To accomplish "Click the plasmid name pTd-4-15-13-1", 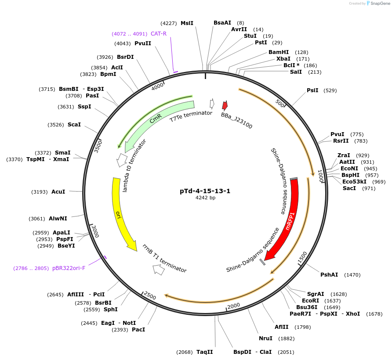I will [x=205, y=191].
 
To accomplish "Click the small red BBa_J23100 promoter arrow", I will [x=225, y=105].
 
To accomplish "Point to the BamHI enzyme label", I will [x=279, y=52].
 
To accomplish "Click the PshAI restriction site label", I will [x=329, y=275].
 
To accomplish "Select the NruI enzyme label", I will [x=265, y=338].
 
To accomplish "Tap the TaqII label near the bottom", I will [x=204, y=352].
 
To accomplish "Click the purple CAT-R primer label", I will [x=159, y=34].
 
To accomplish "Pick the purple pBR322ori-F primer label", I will [x=69, y=268].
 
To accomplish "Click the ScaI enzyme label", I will [x=74, y=125].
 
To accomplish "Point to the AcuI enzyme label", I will [x=58, y=192].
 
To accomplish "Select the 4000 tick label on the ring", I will [x=157, y=86].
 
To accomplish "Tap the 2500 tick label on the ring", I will [x=149, y=296].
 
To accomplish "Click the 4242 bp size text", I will [x=205, y=198].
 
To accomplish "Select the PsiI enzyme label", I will [x=312, y=90].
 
